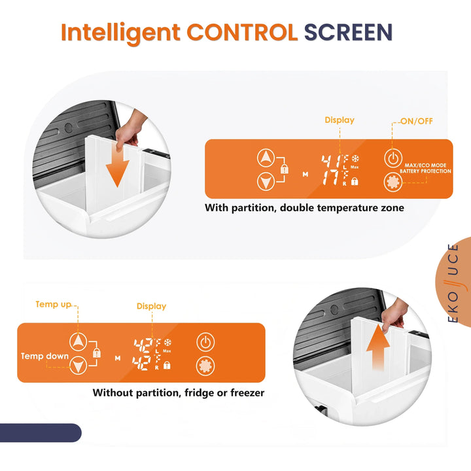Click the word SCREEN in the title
(x=348, y=32)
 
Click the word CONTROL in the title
(x=242, y=32)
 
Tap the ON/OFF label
(x=417, y=121)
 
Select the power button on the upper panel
(x=393, y=158)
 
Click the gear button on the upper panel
(x=393, y=182)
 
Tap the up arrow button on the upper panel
(x=266, y=158)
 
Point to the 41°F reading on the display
(x=335, y=162)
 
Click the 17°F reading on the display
(x=335, y=178)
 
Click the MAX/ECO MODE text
(x=425, y=166)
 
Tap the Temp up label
(x=54, y=304)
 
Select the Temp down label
(x=44, y=357)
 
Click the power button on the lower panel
(x=205, y=342)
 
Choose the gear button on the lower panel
(x=205, y=366)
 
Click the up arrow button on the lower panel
(x=78, y=342)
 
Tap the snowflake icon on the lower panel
(x=167, y=342)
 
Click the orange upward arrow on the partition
(x=378, y=347)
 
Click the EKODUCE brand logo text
(x=453, y=283)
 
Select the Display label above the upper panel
(x=340, y=120)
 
